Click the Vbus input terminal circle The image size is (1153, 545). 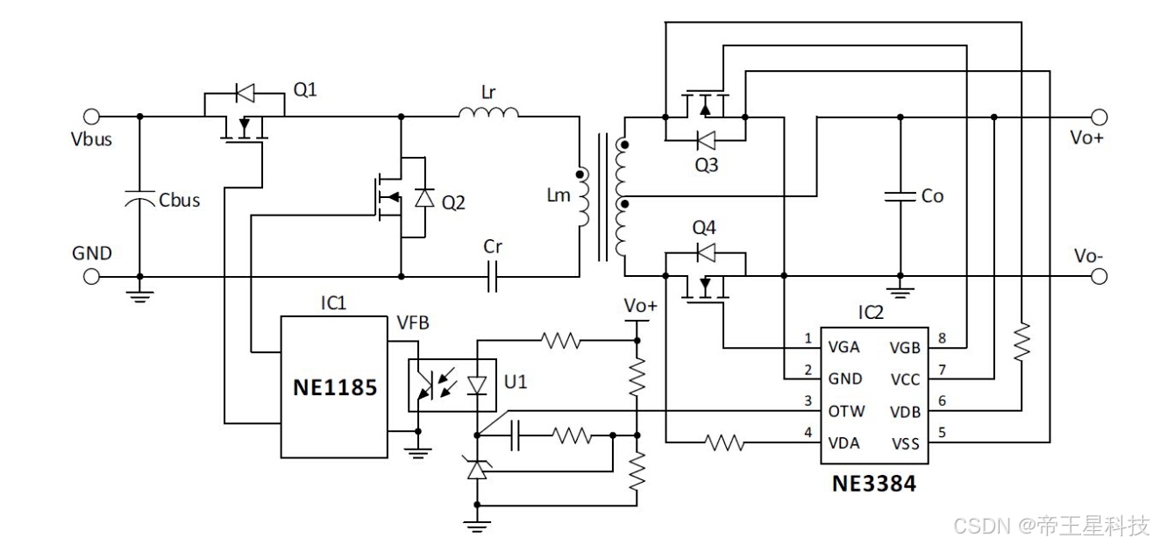point(91,117)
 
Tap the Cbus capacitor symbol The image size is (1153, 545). point(139,199)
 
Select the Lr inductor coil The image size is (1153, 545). point(488,112)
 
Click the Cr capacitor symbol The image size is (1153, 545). point(492,277)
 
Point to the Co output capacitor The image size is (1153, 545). point(900,196)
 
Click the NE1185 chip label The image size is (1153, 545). point(335,387)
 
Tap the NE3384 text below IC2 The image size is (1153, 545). point(874,484)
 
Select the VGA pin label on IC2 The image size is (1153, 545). point(843,348)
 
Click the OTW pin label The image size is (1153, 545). point(846,411)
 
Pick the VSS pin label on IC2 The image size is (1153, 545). point(906,443)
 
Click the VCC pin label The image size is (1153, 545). point(905,380)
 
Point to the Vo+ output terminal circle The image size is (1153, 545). point(1099,117)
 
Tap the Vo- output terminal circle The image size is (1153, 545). point(1099,277)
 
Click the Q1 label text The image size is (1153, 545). point(305,90)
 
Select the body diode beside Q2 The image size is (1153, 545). point(424,198)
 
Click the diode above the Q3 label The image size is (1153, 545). point(706,140)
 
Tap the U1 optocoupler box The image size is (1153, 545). point(452,386)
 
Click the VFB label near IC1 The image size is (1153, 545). point(413,323)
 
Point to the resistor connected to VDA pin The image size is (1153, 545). point(724,442)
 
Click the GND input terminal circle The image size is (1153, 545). point(91,277)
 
